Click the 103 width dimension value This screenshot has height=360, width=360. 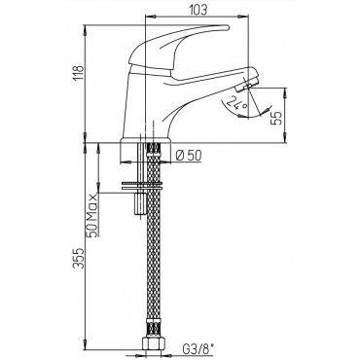pos(198,10)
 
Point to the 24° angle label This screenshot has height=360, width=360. pos(237,103)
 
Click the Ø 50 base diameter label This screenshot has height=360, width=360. pos(189,156)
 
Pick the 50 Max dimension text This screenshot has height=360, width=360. pos(92,216)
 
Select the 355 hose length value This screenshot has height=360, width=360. pos(79,258)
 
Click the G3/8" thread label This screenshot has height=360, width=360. pos(198,349)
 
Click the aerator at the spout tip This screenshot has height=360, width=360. pos(249,83)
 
